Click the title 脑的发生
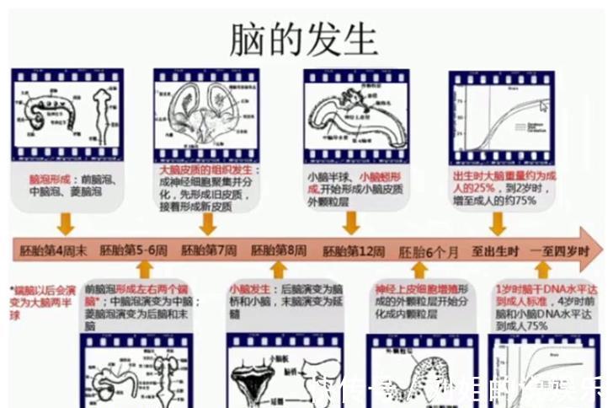click(304, 35)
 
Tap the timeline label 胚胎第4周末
click(53, 250)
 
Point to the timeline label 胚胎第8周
click(279, 250)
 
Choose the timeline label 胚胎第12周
click(354, 250)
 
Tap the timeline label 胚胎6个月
click(429, 250)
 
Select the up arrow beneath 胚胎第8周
click(279, 270)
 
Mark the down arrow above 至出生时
click(498, 223)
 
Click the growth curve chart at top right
click(504, 116)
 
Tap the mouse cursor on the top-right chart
click(544, 106)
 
